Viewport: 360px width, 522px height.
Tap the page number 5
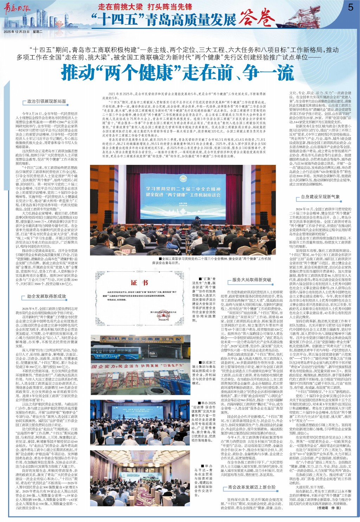click(350, 7)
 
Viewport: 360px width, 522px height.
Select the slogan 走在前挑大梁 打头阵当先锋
click(145, 7)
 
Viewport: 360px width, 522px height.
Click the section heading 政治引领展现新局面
click(47, 101)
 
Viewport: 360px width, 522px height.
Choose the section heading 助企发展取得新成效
click(47, 296)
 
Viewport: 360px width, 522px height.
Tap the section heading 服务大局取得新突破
click(252, 280)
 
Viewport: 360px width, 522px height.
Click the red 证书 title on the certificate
click(139, 283)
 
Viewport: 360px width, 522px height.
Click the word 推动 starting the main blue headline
click(79, 73)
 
